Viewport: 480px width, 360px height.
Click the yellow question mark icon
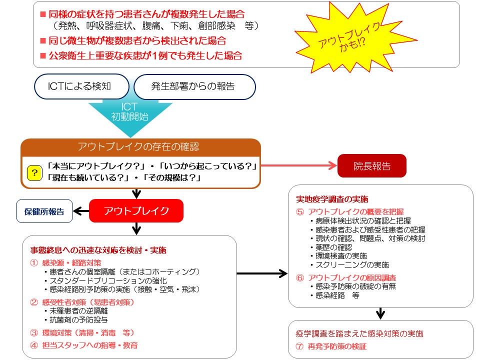click(34, 173)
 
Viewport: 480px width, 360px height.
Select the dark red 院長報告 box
click(371, 166)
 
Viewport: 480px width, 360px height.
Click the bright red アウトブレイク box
click(136, 210)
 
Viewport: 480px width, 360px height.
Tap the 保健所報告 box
click(44, 211)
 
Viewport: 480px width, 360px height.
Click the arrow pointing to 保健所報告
click(81, 210)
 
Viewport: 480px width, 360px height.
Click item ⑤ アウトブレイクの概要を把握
click(350, 211)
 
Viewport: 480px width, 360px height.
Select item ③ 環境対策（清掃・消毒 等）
click(82, 332)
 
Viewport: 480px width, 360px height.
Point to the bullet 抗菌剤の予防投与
click(78, 319)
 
